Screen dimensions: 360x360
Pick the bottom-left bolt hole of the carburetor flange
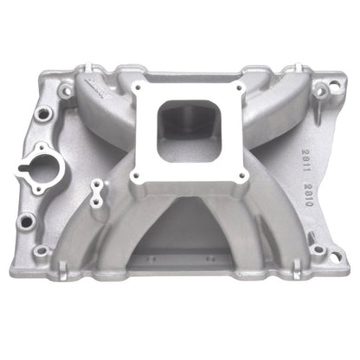pyautogui.click(x=135, y=172)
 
